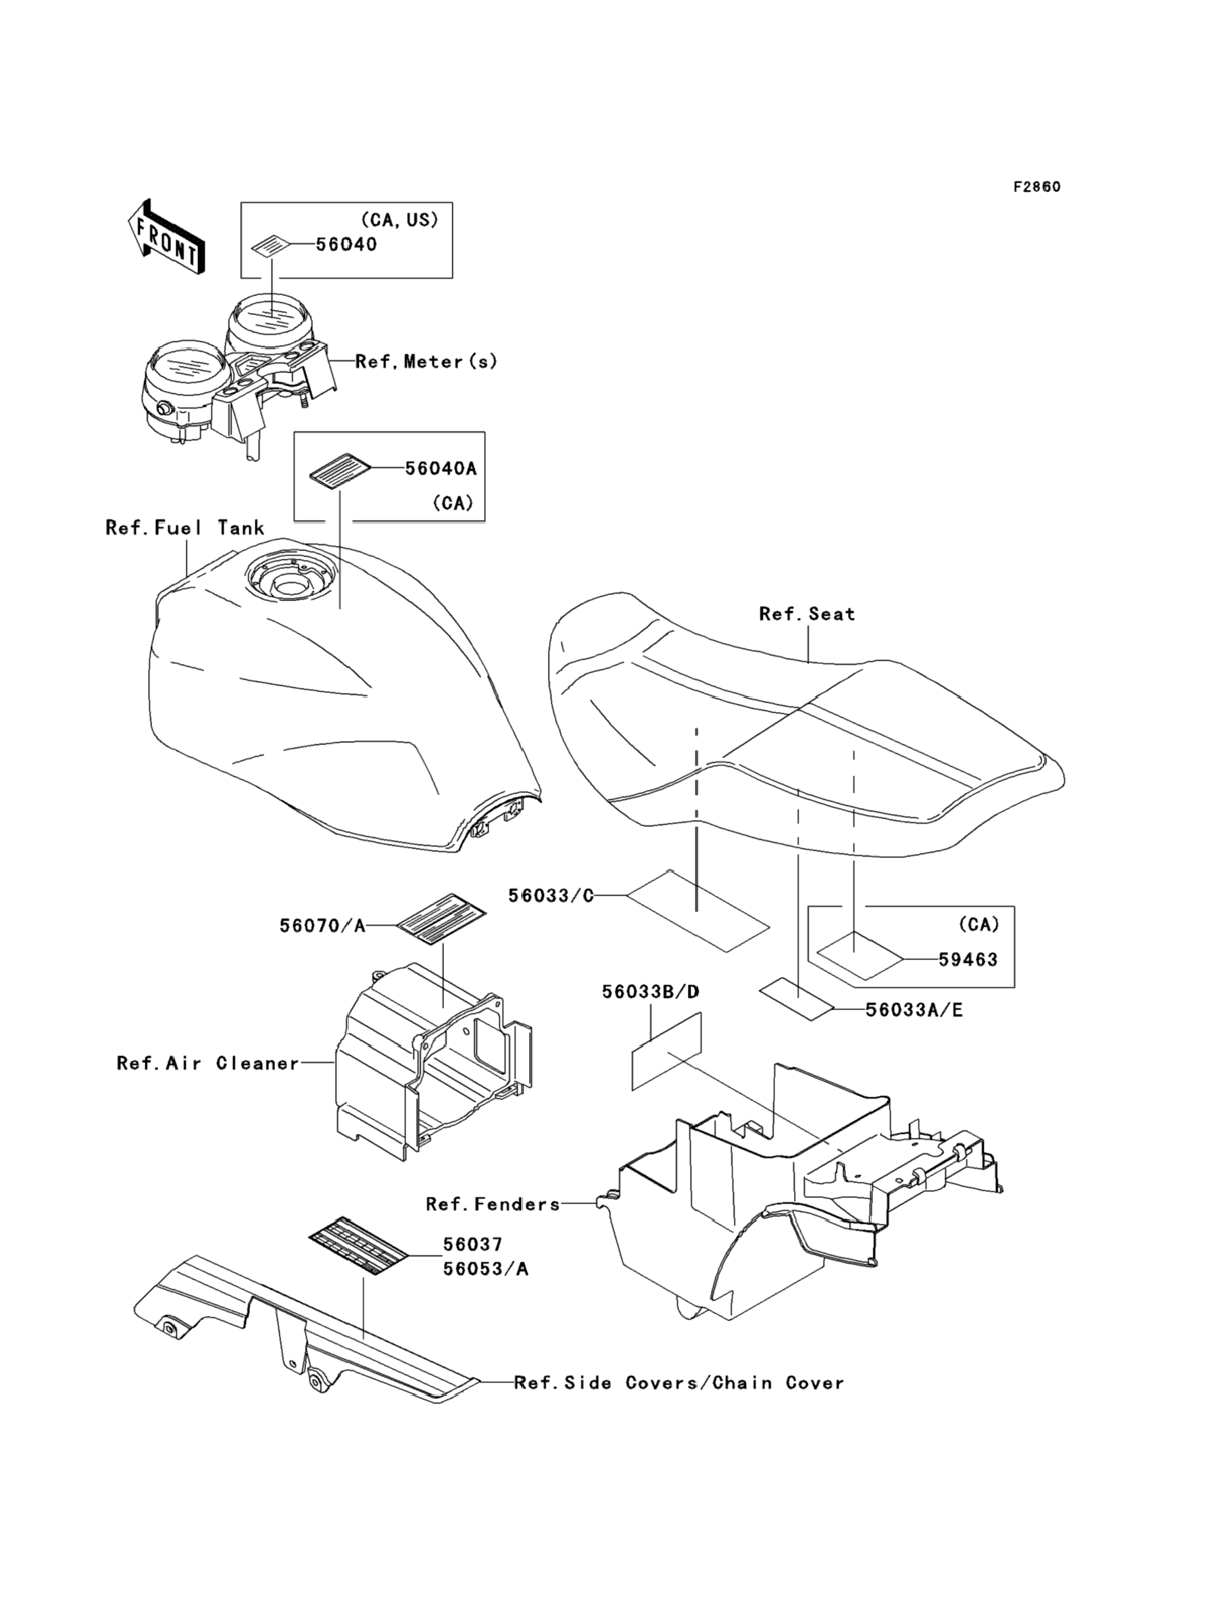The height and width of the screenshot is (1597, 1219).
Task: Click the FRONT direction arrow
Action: coord(165,237)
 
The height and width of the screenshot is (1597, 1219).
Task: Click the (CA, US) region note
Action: coord(399,220)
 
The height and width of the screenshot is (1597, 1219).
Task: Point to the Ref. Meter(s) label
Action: coord(426,362)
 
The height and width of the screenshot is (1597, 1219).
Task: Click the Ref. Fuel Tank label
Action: coord(185,528)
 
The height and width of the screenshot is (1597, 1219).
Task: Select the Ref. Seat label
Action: coord(807,614)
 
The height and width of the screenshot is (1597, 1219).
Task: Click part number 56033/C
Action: coord(551,896)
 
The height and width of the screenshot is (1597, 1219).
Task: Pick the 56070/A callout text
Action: coord(323,926)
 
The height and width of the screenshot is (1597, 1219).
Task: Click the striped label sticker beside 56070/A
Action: coord(441,918)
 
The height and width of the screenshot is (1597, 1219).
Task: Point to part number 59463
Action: coord(968,959)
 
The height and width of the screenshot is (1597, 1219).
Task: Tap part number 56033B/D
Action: coord(651,992)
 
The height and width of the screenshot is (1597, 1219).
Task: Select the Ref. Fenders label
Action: coord(493,1204)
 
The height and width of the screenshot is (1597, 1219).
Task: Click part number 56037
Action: coord(472,1245)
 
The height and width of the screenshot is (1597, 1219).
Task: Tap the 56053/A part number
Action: coord(485,1269)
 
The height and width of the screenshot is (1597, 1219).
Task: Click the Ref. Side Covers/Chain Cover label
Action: coord(679,1383)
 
